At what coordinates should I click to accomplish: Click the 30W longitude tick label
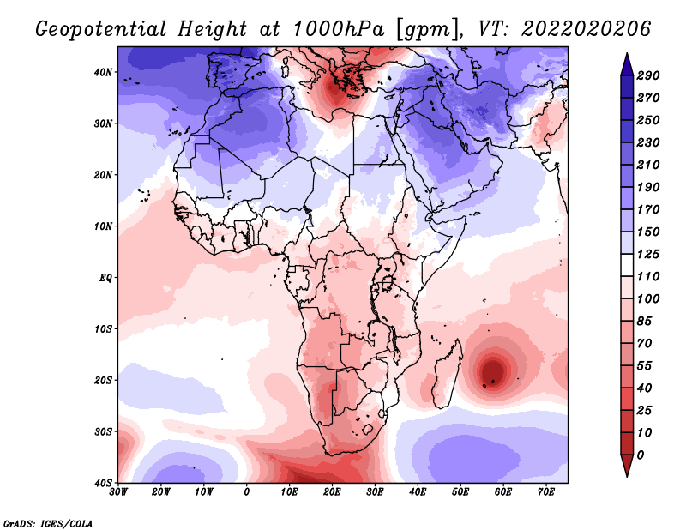pyautogui.click(x=118, y=491)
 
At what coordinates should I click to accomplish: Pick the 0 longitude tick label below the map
pyautogui.click(x=247, y=491)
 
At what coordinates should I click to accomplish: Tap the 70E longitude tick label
pyautogui.click(x=546, y=491)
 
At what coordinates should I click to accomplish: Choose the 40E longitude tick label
pyautogui.click(x=418, y=491)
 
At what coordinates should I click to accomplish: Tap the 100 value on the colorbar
pyautogui.click(x=648, y=298)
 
